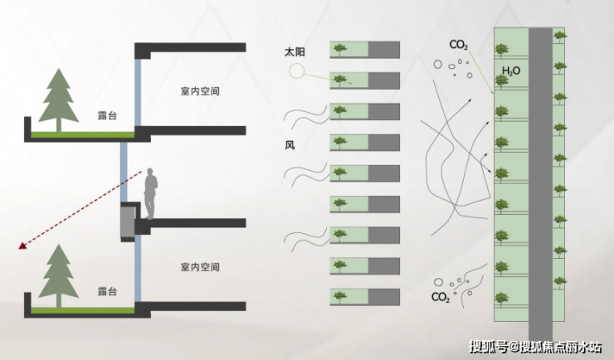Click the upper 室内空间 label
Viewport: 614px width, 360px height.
200,91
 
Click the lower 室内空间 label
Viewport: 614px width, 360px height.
200,267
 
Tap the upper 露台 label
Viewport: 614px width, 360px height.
107,115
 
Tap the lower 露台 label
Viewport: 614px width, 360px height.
107,291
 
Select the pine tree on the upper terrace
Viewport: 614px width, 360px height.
59,100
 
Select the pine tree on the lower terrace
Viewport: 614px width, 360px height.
59,276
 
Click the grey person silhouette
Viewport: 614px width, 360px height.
150,194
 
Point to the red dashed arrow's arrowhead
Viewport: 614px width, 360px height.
22,246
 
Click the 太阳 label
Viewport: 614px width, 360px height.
295,52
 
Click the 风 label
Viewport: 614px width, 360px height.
290,145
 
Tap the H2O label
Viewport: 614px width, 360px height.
510,71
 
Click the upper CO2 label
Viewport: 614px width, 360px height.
459,45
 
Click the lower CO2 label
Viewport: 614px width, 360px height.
440,298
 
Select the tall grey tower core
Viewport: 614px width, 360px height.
540,184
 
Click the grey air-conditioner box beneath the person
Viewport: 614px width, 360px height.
128,221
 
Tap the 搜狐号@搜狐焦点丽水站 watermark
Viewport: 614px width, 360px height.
536,347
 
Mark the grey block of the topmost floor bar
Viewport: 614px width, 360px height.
383,50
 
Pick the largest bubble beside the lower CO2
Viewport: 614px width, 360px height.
438,282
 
